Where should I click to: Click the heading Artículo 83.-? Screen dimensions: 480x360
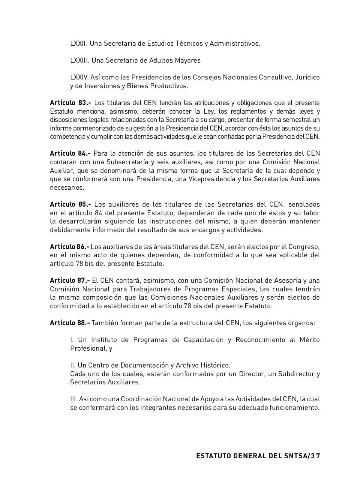coord(70,103)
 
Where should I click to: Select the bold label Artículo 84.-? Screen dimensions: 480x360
coord(70,153)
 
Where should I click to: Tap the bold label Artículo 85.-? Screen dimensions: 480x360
coord(70,204)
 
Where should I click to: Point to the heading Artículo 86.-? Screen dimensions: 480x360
coord(69,247)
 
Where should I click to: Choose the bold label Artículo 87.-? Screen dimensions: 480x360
coord(70,280)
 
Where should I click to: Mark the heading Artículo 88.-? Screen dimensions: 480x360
coord(70,323)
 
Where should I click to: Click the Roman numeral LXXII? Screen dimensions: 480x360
coord(79,43)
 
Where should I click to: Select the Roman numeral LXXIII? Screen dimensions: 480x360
coord(80,60)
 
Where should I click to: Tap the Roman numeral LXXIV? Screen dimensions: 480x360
coord(79,77)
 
